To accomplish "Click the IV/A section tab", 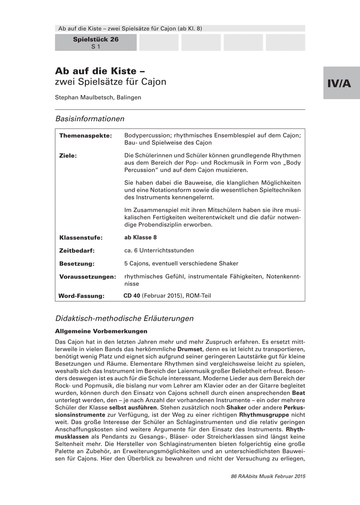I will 341,83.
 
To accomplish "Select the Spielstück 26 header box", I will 96,43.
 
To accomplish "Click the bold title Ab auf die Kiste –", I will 100,70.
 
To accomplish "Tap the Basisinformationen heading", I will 90,119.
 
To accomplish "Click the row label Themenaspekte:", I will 85,136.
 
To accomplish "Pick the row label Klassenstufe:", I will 81,238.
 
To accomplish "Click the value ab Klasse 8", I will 141,237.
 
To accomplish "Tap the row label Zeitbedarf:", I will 77,251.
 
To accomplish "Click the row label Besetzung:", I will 77,264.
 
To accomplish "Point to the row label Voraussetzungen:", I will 88,277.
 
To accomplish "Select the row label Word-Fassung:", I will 81,296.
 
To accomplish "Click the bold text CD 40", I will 132,295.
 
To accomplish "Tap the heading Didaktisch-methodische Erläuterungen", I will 124,319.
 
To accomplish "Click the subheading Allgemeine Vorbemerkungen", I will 101,331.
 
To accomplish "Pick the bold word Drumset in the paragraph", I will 190,349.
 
